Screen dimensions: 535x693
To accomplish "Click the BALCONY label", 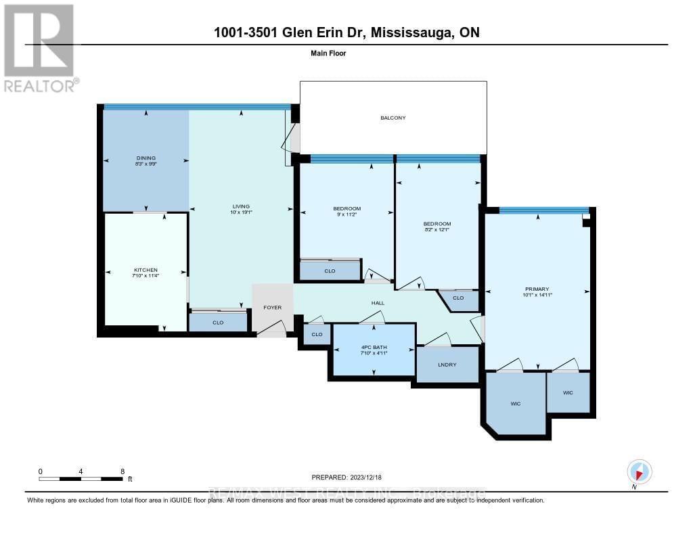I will (393, 118).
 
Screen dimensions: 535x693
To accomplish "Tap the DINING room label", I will (146, 158).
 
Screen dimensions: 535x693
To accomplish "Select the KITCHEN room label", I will (146, 270).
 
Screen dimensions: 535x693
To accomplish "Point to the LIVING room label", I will (241, 206).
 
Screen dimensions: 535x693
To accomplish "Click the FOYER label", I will (272, 308).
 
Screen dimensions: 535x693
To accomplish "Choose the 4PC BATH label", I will (374, 346).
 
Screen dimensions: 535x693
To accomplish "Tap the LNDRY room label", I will (447, 365).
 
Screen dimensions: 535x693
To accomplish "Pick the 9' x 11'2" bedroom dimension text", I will (346, 215).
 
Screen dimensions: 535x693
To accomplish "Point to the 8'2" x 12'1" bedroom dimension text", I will (437, 230).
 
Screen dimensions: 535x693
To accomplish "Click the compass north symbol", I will (639, 471).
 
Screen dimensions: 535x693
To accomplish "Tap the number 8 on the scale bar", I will (122, 471).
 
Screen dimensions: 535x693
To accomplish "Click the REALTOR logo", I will (39, 48).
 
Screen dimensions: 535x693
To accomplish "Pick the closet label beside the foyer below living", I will (218, 323).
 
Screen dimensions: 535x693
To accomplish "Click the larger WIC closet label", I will (515, 404).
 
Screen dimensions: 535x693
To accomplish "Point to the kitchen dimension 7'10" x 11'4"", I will (146, 276).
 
